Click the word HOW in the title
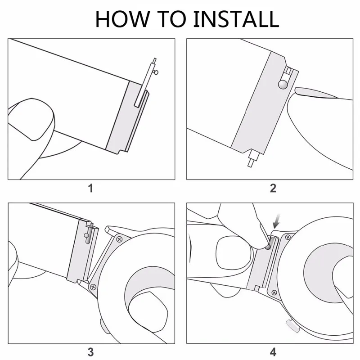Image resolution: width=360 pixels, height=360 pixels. click(x=122, y=19)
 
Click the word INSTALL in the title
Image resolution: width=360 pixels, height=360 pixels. click(x=236, y=19)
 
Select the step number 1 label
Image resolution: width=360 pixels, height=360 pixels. click(x=91, y=188)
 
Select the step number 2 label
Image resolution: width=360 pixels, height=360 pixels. click(x=273, y=188)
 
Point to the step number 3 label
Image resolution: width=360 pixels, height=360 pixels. click(x=91, y=352)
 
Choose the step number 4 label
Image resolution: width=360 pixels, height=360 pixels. click(x=273, y=352)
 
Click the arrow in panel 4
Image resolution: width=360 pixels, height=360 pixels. click(x=277, y=220)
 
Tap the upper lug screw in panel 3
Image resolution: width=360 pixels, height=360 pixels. click(x=119, y=239)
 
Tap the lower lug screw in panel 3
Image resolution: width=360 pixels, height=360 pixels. click(x=93, y=287)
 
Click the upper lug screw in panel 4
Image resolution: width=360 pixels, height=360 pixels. click(x=288, y=237)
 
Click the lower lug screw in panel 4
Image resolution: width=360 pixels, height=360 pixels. click(x=274, y=292)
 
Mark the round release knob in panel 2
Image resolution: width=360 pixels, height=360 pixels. click(x=283, y=84)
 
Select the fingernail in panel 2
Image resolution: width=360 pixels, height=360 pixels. click(x=316, y=93)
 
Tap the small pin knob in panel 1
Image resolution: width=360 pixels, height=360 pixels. click(x=156, y=72)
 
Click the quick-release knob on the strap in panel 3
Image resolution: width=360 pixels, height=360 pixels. click(x=86, y=235)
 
